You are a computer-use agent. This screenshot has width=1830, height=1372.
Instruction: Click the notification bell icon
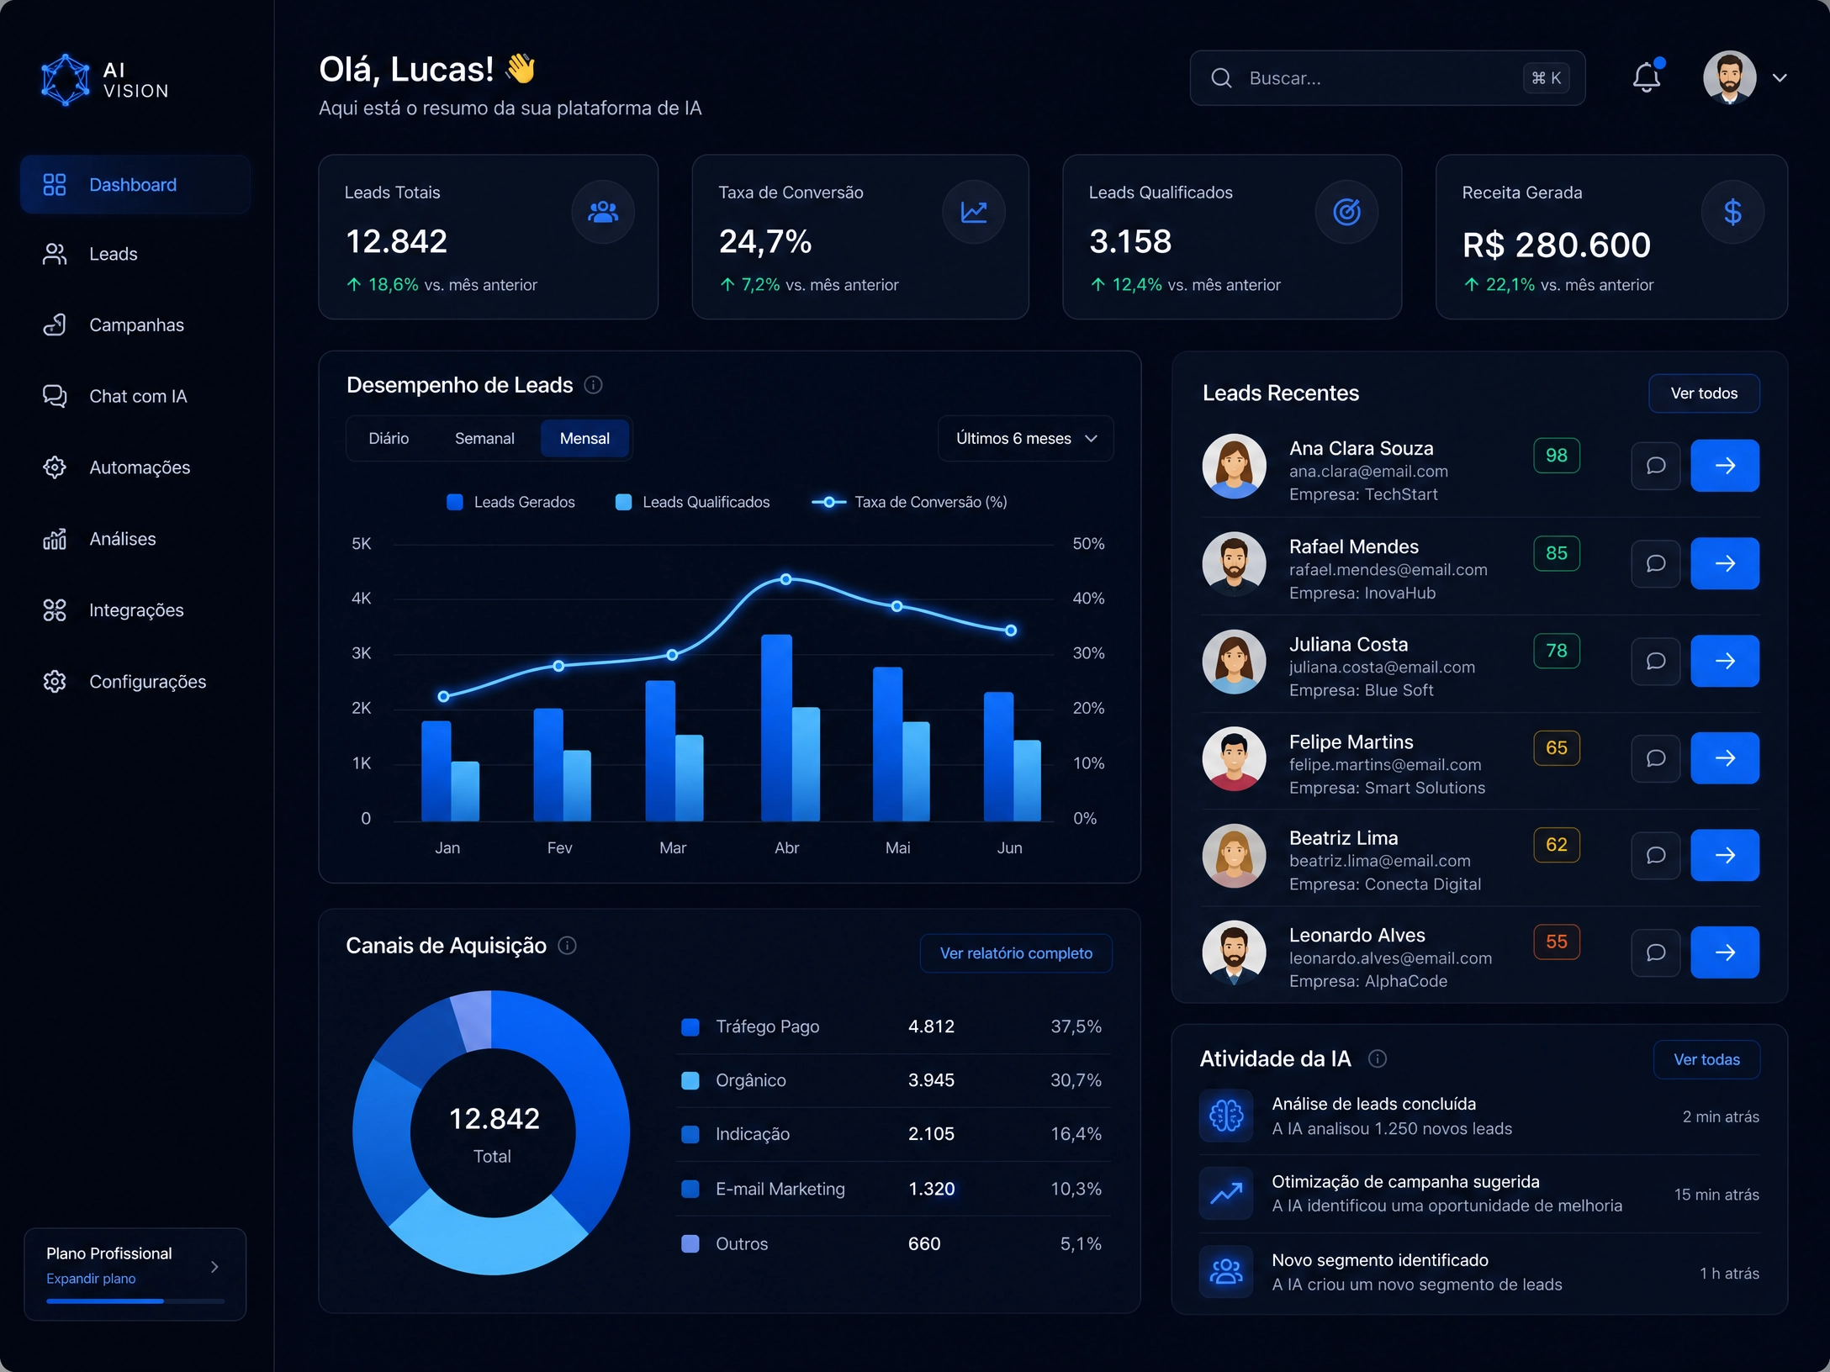(1647, 77)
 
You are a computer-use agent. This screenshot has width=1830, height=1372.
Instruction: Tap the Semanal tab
(484, 438)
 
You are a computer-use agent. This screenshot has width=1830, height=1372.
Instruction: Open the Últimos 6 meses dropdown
(1026, 438)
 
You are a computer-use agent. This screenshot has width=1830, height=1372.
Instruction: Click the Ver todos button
(1704, 393)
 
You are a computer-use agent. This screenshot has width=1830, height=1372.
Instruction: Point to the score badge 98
(1557, 456)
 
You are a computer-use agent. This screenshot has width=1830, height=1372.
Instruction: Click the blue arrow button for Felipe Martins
(1725, 758)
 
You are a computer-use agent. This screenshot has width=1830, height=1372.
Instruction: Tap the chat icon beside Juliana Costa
(1656, 661)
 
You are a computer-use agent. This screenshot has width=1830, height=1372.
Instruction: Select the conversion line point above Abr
(785, 579)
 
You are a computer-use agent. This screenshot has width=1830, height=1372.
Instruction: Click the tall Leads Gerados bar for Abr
(776, 727)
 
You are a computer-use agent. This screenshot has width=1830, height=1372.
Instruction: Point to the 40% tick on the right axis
(1088, 599)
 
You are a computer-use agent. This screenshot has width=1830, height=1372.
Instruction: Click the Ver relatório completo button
(1016, 953)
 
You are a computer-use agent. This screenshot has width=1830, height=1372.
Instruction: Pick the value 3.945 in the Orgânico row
(931, 1080)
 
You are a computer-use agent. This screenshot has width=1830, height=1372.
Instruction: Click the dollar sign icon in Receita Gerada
(1732, 212)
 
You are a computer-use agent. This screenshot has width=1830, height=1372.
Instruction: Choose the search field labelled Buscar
(1388, 78)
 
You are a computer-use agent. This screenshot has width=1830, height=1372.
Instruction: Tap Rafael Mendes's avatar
(1234, 563)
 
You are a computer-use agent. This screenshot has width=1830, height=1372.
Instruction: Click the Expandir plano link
(91, 1279)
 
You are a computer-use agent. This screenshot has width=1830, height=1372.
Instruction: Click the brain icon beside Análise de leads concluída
(1226, 1116)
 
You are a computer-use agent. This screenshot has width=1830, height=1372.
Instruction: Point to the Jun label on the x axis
(1009, 847)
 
